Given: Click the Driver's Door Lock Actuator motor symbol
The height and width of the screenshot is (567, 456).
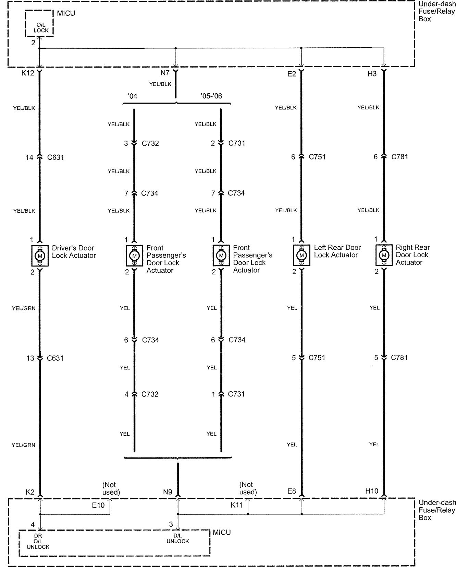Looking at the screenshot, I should point(40,256).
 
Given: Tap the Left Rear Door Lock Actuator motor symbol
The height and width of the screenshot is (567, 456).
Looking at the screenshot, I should point(301,255).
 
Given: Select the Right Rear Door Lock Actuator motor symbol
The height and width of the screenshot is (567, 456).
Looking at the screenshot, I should point(384,255).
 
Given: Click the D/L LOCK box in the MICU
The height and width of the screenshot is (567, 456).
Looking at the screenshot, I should point(41,27).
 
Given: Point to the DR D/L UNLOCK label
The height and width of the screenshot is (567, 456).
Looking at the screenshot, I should point(38,541).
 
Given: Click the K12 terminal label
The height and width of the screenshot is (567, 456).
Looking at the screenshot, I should point(28,73).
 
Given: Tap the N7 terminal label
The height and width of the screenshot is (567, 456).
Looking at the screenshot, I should point(165,73).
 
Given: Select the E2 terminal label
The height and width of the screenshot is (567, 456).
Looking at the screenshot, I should point(292,73).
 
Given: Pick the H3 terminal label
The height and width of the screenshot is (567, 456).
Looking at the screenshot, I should point(372,73).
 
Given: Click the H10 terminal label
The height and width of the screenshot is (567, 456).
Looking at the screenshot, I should point(371,491).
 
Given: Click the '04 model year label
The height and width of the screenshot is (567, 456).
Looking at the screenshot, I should point(132,96).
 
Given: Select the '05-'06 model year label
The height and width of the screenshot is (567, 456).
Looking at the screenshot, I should point(211,96).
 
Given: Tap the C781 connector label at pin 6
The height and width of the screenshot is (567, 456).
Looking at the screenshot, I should point(399,157).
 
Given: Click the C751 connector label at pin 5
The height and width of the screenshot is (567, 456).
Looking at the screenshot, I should point(317,358).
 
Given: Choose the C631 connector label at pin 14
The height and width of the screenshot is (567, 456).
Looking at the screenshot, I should point(56,157).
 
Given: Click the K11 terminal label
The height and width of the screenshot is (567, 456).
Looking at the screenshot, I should point(236,505).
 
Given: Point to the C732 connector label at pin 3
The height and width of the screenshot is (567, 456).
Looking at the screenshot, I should point(150,143).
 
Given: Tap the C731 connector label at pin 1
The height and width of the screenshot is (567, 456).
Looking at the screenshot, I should point(236,394).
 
